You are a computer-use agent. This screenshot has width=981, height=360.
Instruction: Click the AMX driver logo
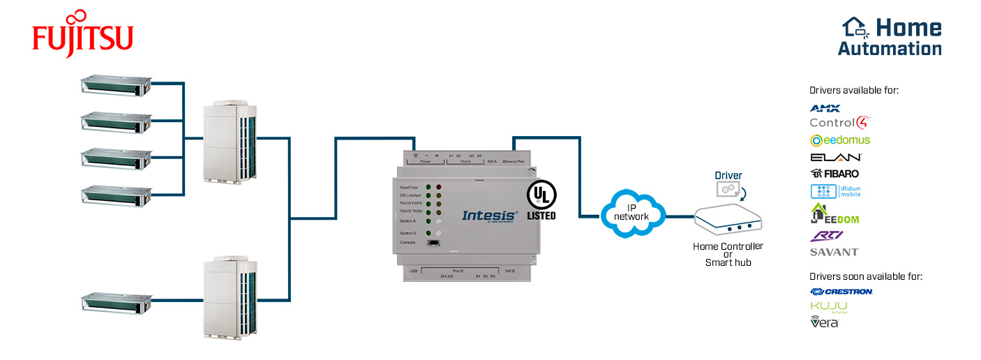coord(825,108)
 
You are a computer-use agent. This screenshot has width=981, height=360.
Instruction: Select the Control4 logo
coord(839,123)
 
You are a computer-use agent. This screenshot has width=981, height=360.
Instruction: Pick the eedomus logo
coord(840,140)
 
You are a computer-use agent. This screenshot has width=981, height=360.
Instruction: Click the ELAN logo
coord(836,157)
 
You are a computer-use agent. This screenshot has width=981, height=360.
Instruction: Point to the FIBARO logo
coord(834,173)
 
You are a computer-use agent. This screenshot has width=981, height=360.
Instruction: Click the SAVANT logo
coord(834,252)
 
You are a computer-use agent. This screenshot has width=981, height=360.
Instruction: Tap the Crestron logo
coord(841,292)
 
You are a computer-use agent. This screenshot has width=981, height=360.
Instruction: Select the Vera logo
coord(824,322)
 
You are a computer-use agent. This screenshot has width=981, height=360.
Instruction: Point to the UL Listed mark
coord(541,201)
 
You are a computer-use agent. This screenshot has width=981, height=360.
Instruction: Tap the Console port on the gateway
coord(433,242)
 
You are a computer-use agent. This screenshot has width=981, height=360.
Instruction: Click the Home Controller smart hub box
coord(728,221)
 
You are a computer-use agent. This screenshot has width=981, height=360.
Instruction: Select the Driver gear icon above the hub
coord(728,189)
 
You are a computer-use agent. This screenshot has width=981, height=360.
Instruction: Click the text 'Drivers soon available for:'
coord(865,277)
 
